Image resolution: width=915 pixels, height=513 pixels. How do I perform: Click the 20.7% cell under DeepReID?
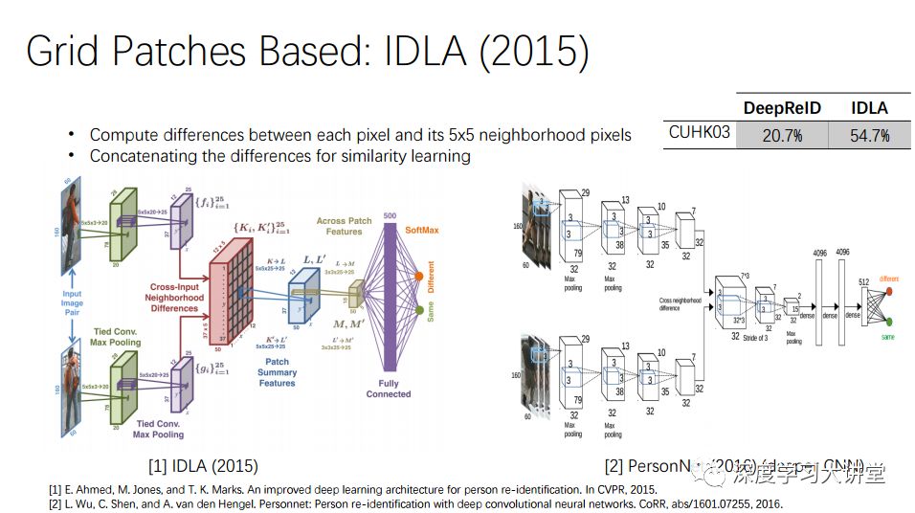782,136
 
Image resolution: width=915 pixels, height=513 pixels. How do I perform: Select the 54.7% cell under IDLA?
869,136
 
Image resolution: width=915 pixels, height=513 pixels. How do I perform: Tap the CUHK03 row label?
700,133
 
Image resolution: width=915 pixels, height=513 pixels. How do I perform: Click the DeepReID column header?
782,108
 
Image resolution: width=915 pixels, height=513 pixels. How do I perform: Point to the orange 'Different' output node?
418,277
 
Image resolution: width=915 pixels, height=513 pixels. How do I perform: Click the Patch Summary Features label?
277,373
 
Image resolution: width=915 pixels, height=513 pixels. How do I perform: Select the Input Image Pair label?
73,304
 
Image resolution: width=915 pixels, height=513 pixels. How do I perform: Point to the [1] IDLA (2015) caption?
202,467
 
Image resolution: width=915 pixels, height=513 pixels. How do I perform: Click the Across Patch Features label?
344,226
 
